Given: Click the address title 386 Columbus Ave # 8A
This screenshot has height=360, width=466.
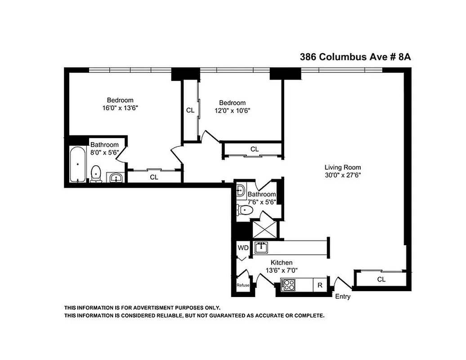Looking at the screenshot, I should [355, 57].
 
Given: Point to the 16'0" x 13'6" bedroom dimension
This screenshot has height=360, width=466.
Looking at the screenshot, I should [120, 108].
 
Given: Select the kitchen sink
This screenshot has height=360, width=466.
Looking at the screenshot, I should [261, 247].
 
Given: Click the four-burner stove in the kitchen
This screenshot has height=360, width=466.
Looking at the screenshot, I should [287, 285].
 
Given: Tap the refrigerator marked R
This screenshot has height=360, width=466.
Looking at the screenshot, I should [320, 285].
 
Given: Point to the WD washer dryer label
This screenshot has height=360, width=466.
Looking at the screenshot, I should [243, 248].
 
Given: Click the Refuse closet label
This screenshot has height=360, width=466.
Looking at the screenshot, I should [243, 285].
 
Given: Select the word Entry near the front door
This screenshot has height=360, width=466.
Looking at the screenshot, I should [343, 297].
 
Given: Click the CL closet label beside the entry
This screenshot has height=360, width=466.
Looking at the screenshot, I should [381, 279].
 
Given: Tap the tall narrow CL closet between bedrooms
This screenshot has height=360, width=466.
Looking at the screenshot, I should [190, 110].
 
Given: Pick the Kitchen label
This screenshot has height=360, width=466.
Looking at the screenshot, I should [282, 263].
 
